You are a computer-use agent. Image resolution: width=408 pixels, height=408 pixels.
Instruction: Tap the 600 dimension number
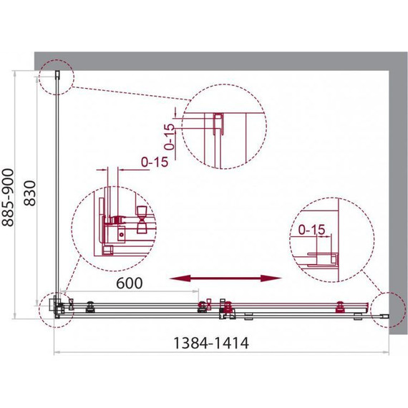[128, 283]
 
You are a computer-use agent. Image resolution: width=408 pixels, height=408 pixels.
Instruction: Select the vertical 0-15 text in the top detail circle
[169, 135]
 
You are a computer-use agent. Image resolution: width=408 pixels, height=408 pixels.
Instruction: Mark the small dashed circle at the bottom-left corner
[55, 307]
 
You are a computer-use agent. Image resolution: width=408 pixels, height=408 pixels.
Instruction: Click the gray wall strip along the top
[215, 60]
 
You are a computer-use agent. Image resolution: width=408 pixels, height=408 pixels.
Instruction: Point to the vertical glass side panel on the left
[57, 186]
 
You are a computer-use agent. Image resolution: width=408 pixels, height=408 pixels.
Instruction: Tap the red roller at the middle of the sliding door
[228, 309]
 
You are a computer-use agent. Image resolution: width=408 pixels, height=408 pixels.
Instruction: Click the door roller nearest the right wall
[339, 306]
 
